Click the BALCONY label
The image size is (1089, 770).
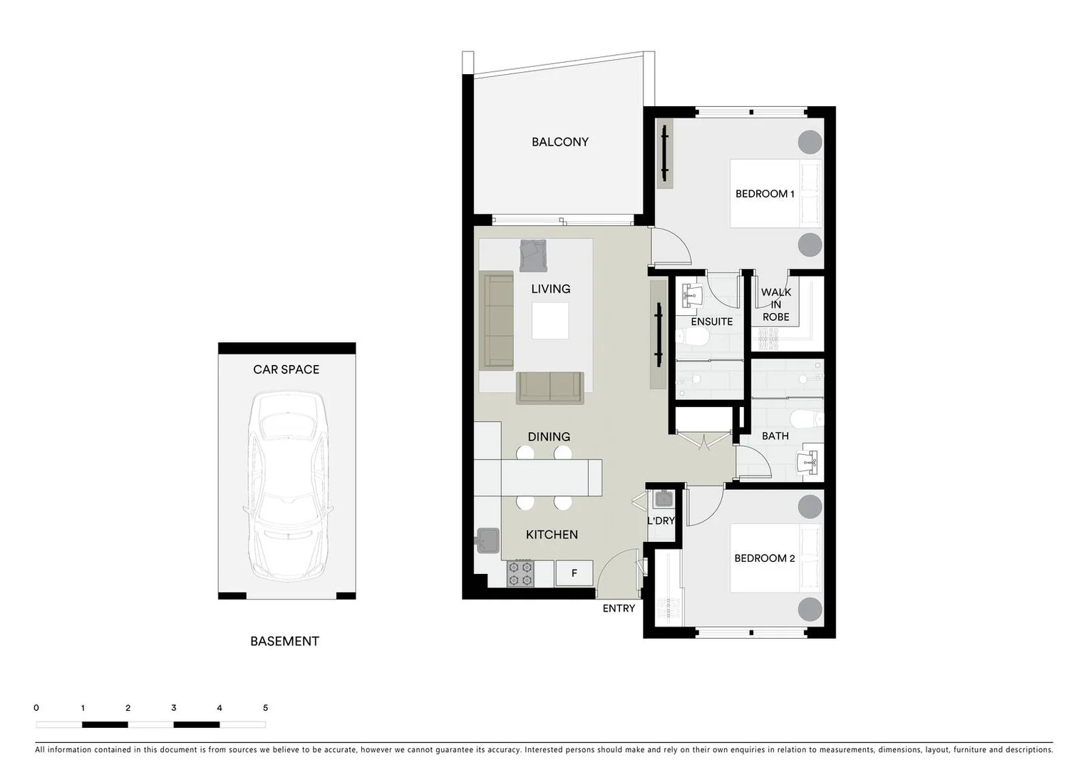point(560,142)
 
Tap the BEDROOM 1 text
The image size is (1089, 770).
point(765,194)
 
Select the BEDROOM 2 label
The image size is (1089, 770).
point(764,558)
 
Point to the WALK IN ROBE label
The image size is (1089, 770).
point(775,304)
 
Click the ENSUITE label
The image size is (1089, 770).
point(711,322)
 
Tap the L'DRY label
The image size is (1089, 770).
point(661,520)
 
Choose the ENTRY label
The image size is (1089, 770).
point(619,608)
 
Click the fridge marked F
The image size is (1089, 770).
point(574,573)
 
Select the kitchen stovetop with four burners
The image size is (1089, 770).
point(520,573)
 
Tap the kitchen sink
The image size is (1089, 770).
point(488,540)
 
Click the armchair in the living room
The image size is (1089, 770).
point(533,255)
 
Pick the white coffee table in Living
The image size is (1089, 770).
point(550,321)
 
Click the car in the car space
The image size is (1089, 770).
point(287,486)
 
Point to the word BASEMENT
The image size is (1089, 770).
point(284,641)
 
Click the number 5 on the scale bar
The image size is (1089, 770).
point(266,708)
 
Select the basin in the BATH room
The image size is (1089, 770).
point(812,462)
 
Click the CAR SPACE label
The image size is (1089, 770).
point(286,369)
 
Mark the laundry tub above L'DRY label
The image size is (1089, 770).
point(664,499)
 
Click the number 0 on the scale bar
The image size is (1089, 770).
point(36,708)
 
